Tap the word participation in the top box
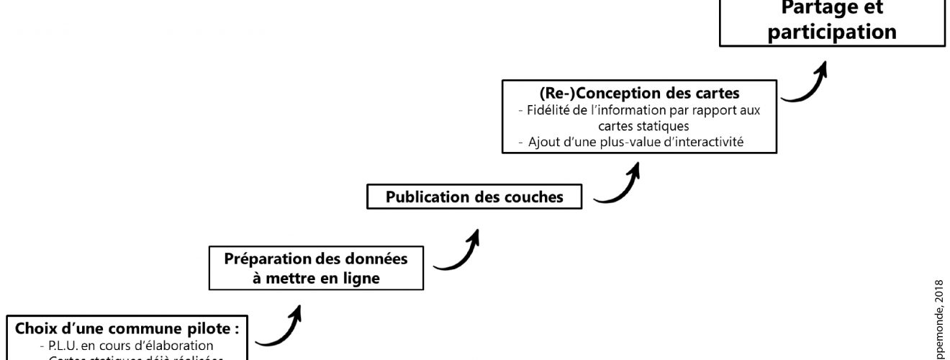(833, 32)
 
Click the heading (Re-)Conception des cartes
(639, 95)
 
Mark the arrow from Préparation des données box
(458, 251)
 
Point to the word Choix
(34, 329)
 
